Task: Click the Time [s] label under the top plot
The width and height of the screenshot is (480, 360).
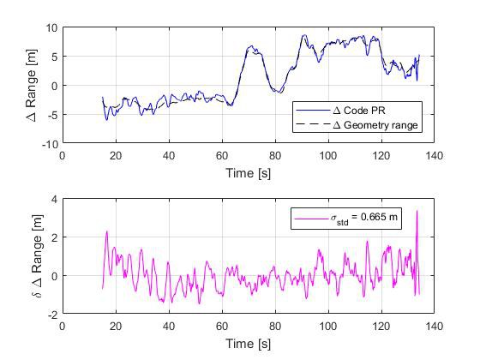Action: point(248,172)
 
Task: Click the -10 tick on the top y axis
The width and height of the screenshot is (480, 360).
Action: point(48,144)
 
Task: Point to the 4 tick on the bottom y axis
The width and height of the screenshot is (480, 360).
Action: point(52,199)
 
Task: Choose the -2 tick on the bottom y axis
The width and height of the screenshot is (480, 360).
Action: point(51,315)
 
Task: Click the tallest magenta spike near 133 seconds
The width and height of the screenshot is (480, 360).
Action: point(417,211)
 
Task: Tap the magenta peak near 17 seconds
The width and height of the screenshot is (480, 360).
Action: point(107,231)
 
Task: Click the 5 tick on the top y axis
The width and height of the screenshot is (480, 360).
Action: point(52,57)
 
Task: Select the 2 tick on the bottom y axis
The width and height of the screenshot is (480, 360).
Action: point(52,237)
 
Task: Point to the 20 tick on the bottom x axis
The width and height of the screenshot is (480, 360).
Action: point(116,327)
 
